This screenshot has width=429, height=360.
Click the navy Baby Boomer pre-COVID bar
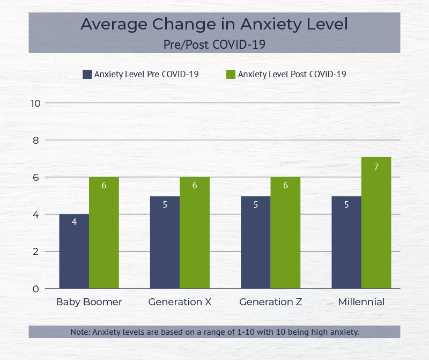click(x=74, y=252)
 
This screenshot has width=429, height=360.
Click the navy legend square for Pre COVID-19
click(x=87, y=75)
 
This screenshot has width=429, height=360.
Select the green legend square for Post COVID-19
click(x=231, y=75)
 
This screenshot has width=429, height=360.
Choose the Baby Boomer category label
click(x=89, y=302)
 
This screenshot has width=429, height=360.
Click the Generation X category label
click(x=180, y=302)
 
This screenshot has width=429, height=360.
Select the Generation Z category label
click(x=271, y=302)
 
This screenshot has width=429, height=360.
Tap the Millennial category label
click(x=361, y=302)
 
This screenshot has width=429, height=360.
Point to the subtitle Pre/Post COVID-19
click(x=214, y=44)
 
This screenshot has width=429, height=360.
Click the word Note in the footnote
click(x=80, y=332)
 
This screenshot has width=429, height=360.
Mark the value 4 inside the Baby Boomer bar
click(x=74, y=222)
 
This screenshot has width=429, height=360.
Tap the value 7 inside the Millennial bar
click(x=376, y=167)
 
